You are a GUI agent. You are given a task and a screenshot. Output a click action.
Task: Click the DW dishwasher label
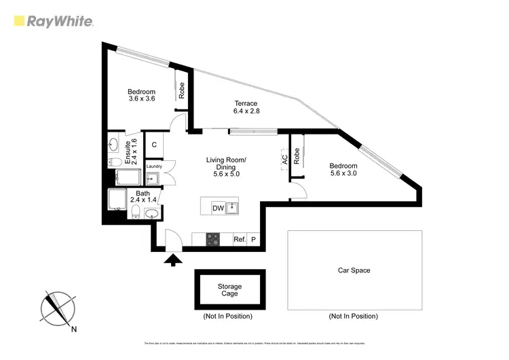218,208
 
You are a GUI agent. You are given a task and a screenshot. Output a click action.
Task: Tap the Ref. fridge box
239,240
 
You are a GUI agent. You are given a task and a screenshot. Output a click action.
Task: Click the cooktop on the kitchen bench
212,240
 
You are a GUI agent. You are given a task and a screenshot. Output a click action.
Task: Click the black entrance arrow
173,259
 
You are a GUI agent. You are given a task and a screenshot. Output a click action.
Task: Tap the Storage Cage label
229,291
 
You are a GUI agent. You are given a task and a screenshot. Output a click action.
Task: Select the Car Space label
354,270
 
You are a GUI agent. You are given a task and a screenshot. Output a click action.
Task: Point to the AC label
284,159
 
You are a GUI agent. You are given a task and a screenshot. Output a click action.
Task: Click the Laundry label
154,166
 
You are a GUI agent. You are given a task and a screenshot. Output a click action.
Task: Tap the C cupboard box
155,145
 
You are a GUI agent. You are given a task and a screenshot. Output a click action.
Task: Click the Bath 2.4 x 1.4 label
143,197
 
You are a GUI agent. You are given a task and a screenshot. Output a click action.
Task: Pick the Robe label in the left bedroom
182,90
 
